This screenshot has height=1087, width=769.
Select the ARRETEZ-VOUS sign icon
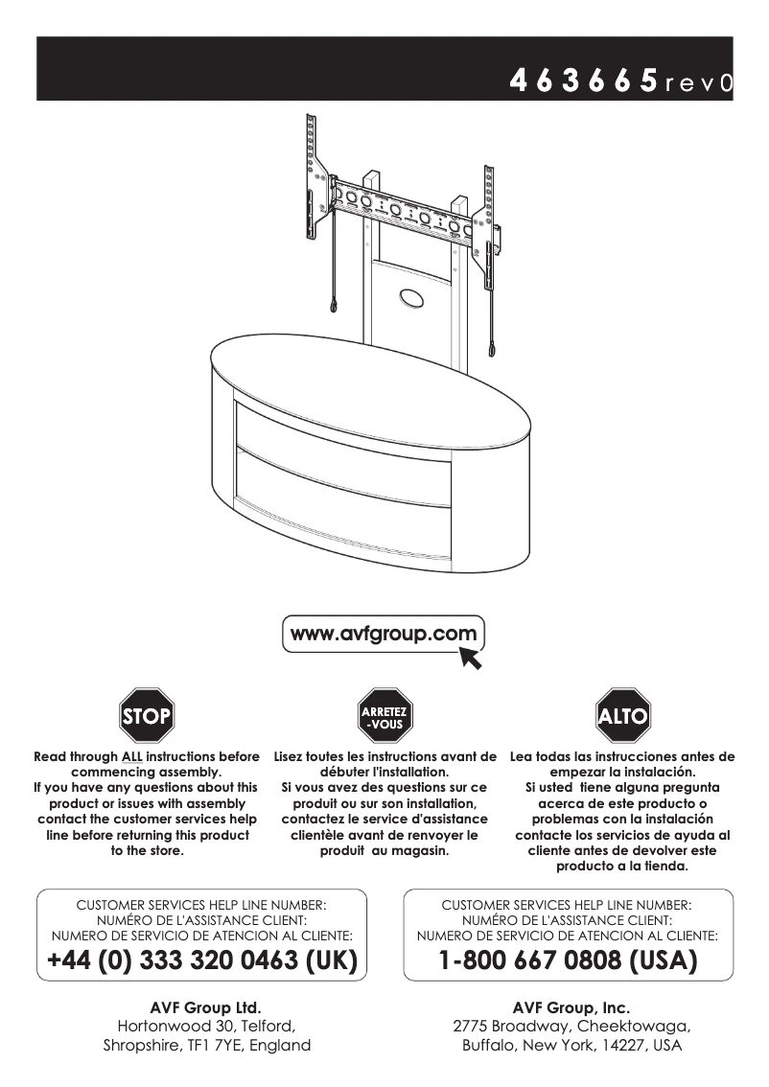(384, 715)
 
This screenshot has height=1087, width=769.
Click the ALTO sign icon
(623, 715)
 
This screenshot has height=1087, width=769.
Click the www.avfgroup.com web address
(384, 634)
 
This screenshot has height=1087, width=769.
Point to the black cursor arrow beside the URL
(471, 658)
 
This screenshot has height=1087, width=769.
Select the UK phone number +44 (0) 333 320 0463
(201, 960)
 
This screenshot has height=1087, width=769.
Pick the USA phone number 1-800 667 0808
(568, 960)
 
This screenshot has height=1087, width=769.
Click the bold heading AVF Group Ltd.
(206, 1007)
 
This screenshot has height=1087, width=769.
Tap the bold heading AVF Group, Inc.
(571, 1007)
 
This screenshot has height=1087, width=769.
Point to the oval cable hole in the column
(409, 298)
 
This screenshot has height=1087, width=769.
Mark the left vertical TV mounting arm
(311, 177)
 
